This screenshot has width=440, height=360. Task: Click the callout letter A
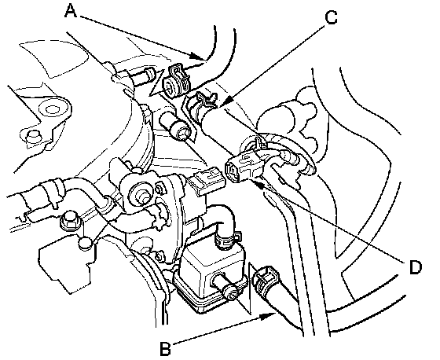point(71,12)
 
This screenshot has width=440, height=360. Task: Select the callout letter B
point(165,348)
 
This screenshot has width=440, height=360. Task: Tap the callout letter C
point(331,17)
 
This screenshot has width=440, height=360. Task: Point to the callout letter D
point(416,267)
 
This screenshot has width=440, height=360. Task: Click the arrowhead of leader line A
point(200,56)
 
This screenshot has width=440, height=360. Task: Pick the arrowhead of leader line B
point(269,316)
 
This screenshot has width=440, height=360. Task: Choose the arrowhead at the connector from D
point(261,185)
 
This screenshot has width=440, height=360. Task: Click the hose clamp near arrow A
point(176,81)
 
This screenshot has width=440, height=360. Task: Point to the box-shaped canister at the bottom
point(210,277)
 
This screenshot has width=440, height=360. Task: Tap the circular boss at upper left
point(51,109)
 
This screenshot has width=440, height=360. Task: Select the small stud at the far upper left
point(32,137)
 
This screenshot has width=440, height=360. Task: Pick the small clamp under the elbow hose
point(226,239)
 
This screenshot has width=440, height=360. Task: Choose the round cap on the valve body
point(138,193)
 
